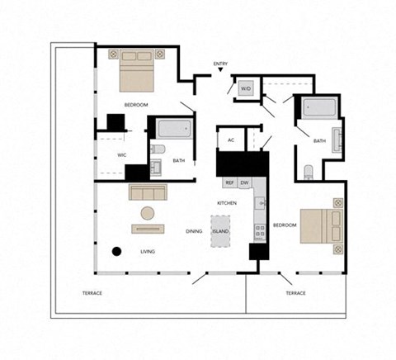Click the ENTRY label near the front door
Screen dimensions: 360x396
pyautogui.click(x=220, y=64)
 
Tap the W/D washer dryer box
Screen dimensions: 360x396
pyautogui.click(x=245, y=88)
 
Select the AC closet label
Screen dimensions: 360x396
pyautogui.click(x=231, y=140)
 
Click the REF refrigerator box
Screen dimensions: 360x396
pyautogui.click(x=230, y=182)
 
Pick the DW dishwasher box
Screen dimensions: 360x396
pyautogui.click(x=245, y=182)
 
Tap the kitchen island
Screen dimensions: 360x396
pyautogui.click(x=220, y=230)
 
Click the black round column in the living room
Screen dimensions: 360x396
pyautogui.click(x=117, y=251)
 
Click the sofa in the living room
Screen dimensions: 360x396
pyautogui.click(x=148, y=192)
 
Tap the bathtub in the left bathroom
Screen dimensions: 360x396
pyautogui.click(x=174, y=130)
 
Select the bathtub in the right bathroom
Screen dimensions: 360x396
pyautogui.click(x=318, y=110)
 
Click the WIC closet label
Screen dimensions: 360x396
pyautogui.click(x=121, y=154)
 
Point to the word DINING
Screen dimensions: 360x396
pyautogui.click(x=194, y=231)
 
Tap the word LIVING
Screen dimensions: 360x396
pyautogui.click(x=148, y=251)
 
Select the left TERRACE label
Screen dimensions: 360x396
pyautogui.click(x=92, y=293)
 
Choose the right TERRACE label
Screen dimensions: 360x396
pyautogui.click(x=295, y=293)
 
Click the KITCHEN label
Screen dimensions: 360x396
pyautogui.click(x=228, y=203)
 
